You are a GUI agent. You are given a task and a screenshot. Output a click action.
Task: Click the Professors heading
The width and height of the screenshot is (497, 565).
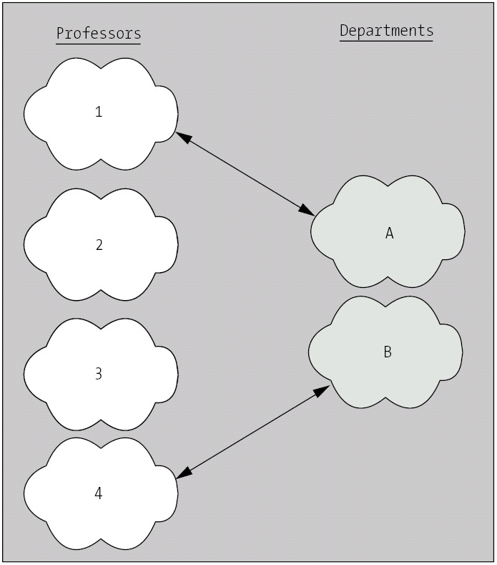coord(99,33)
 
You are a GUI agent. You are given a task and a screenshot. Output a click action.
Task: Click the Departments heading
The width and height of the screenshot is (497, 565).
coord(386,31)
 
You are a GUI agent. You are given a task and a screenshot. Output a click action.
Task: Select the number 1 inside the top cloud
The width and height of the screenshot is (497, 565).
coord(99,112)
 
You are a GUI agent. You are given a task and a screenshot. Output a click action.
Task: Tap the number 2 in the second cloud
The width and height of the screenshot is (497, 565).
coord(99,245)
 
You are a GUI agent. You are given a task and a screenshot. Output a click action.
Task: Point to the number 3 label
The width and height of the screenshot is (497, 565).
coord(99,373)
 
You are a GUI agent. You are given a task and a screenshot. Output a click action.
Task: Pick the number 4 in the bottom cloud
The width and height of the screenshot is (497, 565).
coord(99,493)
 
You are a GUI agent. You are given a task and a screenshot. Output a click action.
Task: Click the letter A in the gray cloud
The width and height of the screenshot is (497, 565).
coord(390,233)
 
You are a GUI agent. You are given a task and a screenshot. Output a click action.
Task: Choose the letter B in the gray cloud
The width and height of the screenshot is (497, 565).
coord(388,352)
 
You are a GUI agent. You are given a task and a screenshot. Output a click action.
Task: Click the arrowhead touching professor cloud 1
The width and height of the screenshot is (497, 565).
coord(182,136)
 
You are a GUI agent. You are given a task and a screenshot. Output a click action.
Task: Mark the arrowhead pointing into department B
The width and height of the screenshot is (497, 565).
coord(323,390)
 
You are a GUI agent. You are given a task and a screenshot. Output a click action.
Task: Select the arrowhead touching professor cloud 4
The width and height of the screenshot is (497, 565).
coord(183,473)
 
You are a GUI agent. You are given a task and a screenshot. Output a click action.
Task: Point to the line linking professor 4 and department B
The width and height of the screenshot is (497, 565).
coord(252,431)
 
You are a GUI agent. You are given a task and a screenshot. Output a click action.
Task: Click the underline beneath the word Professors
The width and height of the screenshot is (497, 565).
coord(99,44)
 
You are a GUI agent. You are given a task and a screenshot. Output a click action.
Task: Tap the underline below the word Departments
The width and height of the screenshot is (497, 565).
coord(386,41)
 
